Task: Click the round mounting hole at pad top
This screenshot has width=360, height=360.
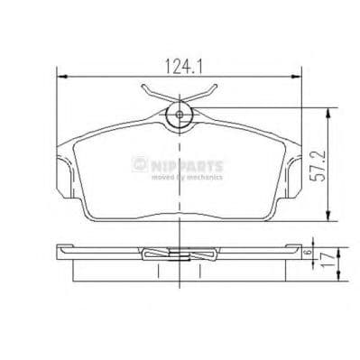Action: pos(179,115)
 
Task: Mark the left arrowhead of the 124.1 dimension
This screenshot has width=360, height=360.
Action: pos(60,75)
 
